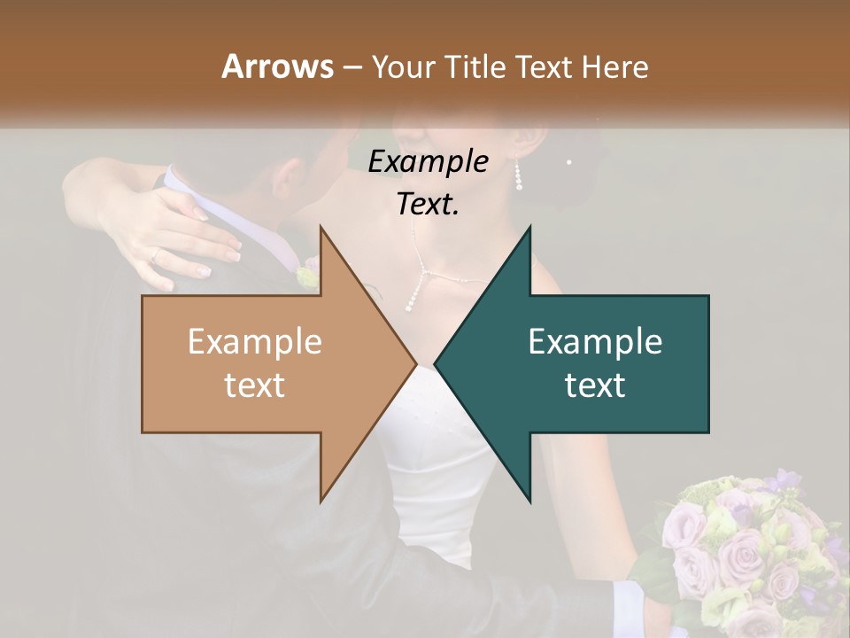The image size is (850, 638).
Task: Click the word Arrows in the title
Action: (x=277, y=66)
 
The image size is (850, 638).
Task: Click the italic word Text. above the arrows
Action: (x=428, y=204)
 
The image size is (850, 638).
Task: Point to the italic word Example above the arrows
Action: (x=428, y=161)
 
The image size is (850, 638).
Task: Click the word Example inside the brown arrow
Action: (x=254, y=341)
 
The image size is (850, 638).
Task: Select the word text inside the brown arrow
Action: (x=254, y=385)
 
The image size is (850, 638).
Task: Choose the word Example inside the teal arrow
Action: (x=595, y=341)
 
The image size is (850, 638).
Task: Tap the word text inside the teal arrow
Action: (x=595, y=385)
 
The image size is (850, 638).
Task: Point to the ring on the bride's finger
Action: (x=157, y=254)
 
